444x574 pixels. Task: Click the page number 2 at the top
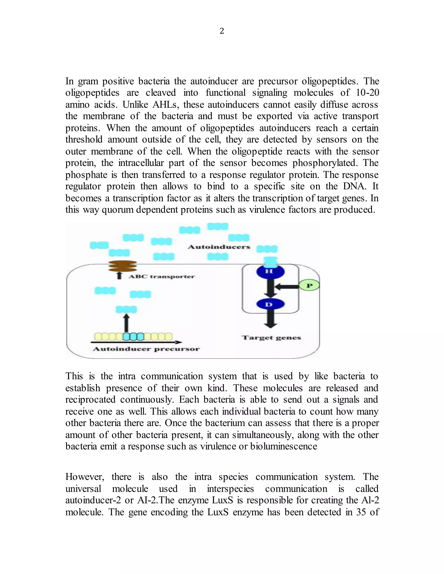[x=222, y=31]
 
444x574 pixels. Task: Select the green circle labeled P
[x=310, y=286]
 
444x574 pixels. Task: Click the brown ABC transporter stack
[x=122, y=266]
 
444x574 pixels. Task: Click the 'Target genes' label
[x=271, y=338]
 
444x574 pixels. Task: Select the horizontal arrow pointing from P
[x=287, y=287]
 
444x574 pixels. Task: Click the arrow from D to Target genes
[x=270, y=319]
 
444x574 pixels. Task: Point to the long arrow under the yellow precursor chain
[x=136, y=342]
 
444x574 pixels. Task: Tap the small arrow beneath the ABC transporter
[x=119, y=276]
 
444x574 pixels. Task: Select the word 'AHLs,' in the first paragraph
[x=165, y=105]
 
